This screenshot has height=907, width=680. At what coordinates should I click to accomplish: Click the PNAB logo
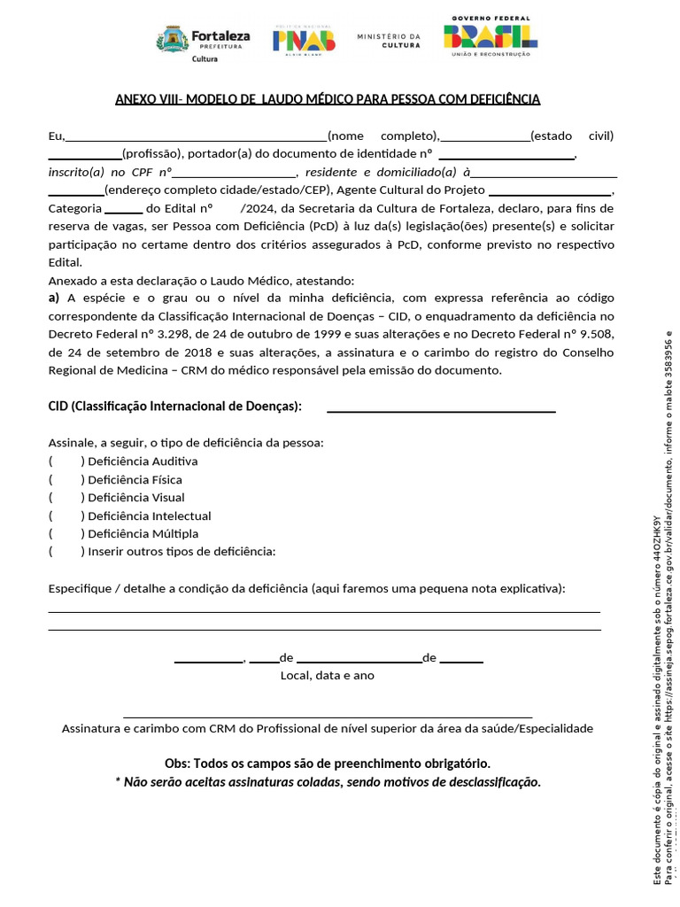pos(304,38)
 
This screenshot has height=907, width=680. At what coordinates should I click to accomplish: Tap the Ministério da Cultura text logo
pos(389,40)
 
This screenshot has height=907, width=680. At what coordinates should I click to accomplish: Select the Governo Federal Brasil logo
pos(490,36)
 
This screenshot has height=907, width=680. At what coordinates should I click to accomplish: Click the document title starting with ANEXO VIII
pos(328,99)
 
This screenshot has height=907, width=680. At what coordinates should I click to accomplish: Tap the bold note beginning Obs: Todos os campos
pos(327,764)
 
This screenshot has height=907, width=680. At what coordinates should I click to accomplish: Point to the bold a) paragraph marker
pos(54,298)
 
